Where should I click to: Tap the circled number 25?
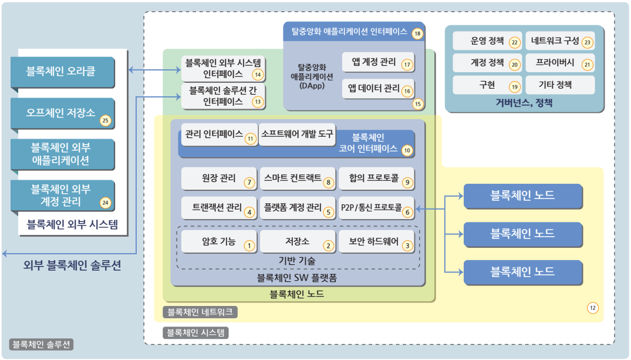tap(106, 121)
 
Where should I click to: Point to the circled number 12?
tap(593, 307)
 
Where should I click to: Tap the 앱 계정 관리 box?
tap(378, 63)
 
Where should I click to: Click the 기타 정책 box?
tap(559, 85)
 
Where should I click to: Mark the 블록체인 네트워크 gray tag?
tap(200, 311)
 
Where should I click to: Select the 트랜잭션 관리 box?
tap(218, 208)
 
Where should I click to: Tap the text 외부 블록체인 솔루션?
tap(72, 265)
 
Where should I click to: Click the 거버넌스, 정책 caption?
tap(524, 103)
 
